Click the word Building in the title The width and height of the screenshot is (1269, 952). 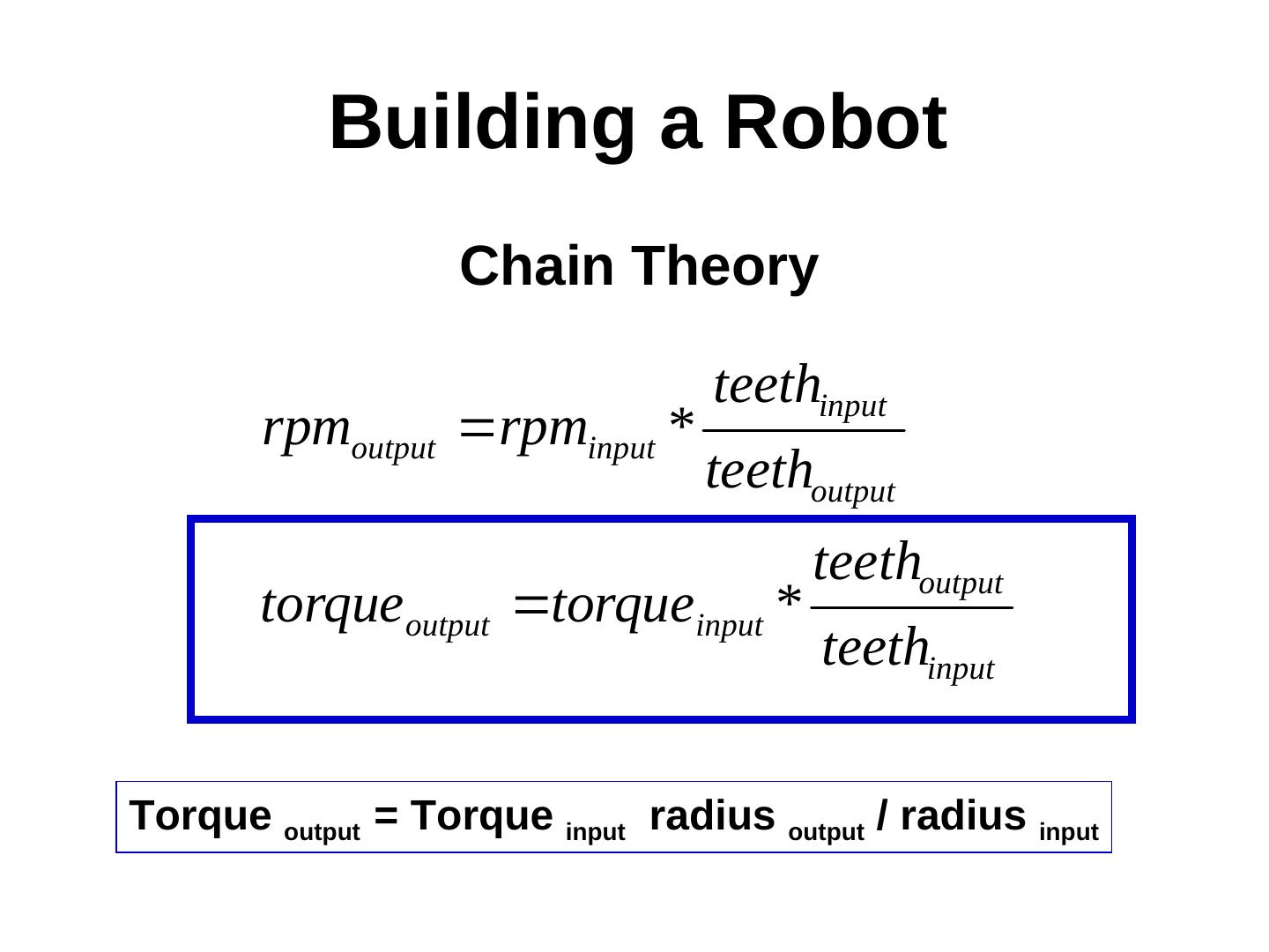click(x=481, y=123)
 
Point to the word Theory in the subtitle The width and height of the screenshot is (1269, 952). click(x=724, y=266)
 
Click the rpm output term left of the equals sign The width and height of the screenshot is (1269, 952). click(x=349, y=432)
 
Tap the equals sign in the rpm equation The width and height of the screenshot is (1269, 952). click(x=476, y=429)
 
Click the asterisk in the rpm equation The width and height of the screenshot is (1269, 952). click(x=681, y=423)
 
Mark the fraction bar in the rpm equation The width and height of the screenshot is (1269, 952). click(x=804, y=431)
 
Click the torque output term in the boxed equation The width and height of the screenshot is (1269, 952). click(x=375, y=608)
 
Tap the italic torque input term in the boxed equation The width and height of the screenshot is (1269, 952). click(x=657, y=608)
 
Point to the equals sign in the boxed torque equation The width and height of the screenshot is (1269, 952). click(x=531, y=606)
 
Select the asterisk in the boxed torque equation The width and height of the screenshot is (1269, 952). click(x=789, y=600)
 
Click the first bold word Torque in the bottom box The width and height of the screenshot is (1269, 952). click(x=200, y=815)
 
